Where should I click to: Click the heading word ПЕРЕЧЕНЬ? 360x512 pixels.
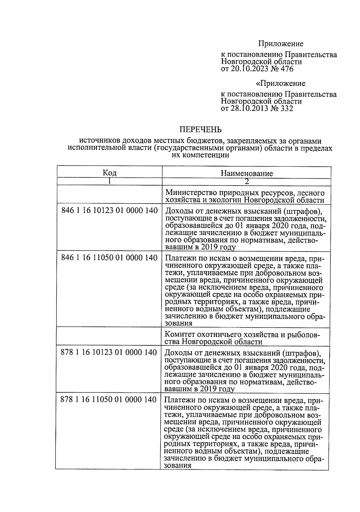tap(200, 129)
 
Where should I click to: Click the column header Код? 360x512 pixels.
tap(109, 172)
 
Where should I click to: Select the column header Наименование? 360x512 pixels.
tap(247, 173)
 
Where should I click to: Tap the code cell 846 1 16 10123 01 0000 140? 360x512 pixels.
tap(109, 210)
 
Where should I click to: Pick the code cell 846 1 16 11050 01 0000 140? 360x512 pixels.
tap(109, 258)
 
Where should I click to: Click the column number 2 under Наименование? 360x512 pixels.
tap(247, 181)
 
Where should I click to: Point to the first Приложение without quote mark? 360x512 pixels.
tap(281, 44)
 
